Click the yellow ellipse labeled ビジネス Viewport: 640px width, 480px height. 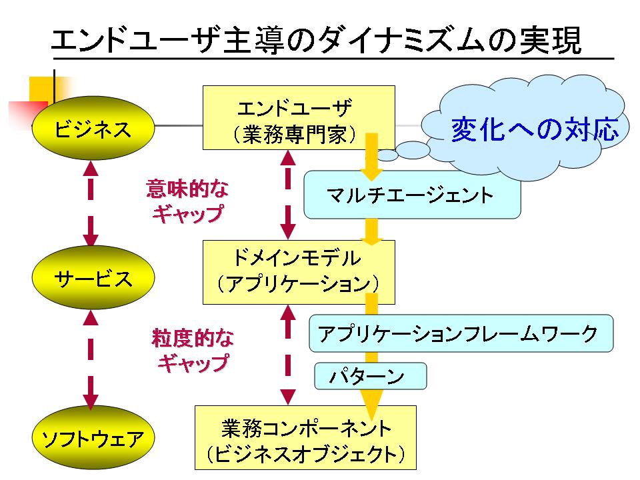point(93,128)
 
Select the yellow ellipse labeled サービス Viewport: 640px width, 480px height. point(93,277)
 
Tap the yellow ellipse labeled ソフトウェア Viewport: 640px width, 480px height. point(93,437)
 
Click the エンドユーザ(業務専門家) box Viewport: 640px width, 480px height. point(299,117)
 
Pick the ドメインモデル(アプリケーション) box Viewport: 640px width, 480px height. point(299,272)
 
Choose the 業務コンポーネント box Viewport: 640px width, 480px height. point(305,437)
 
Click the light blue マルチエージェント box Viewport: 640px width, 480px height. point(412,195)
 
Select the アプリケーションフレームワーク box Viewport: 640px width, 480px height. point(461,333)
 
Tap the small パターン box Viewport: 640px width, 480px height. point(370,376)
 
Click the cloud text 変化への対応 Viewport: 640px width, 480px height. point(535,129)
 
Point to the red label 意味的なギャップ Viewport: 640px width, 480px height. point(188,201)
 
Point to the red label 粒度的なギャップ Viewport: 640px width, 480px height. point(193,350)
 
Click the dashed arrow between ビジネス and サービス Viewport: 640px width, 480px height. point(91,203)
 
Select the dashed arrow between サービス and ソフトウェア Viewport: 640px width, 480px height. point(91,359)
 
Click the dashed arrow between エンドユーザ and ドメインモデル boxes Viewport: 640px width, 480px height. point(288,195)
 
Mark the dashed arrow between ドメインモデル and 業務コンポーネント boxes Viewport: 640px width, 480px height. point(288,354)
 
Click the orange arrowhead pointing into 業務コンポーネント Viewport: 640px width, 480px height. point(371,404)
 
